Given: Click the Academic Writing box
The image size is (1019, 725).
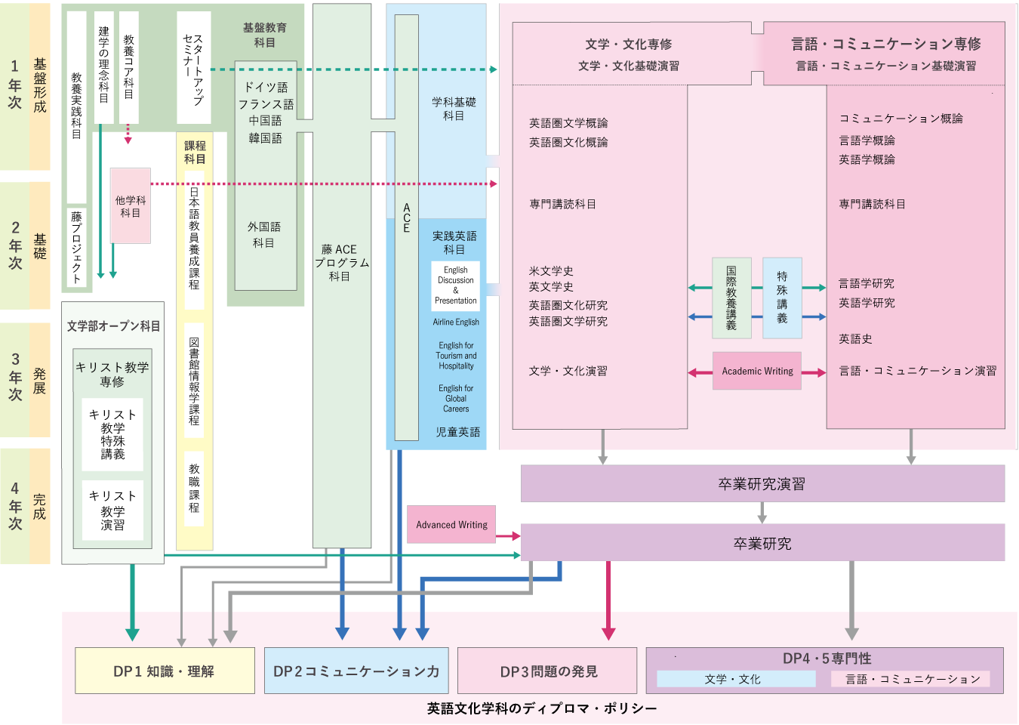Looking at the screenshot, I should (757, 371).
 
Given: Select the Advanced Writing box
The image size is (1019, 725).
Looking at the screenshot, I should (451, 525).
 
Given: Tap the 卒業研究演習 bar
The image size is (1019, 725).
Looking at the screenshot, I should (762, 484).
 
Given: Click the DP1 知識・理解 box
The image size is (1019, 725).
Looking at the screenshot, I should (165, 671).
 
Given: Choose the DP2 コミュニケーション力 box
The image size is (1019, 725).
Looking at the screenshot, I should (356, 671).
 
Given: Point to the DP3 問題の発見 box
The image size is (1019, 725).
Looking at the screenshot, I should (548, 671).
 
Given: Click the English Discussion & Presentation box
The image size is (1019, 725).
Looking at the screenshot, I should (455, 285).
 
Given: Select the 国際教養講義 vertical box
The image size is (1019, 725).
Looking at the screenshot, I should (731, 298).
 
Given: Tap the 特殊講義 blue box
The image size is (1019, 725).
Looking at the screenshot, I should (782, 298).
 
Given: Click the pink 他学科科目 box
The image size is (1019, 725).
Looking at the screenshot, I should (131, 206).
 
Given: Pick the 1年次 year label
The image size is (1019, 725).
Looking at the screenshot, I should (15, 85).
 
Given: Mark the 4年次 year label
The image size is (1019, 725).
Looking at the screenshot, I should (15, 506).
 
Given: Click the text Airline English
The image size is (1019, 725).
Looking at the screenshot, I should (456, 322).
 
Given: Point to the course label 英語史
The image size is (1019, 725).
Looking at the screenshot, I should (855, 339).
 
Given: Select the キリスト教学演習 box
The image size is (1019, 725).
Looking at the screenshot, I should (112, 511).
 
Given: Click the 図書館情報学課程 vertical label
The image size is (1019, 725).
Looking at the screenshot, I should (194, 381).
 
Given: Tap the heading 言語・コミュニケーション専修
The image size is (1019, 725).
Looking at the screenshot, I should (885, 44).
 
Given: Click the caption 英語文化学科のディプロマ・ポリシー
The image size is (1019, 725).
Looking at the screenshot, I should (541, 708).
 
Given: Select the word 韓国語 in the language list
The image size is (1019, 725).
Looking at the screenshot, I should (265, 138).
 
